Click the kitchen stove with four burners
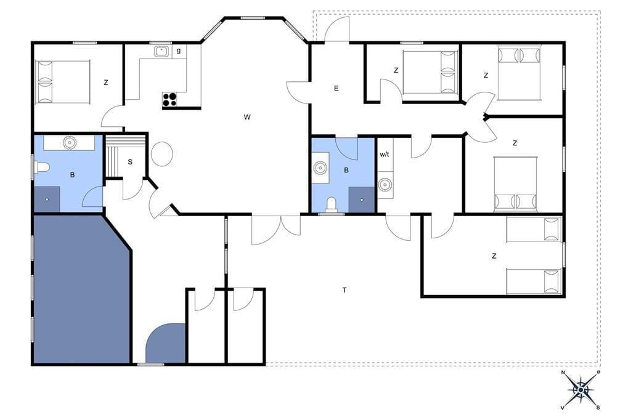[169, 99]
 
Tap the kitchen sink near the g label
[162, 52]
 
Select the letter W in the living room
[247, 117]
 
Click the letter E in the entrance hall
[336, 88]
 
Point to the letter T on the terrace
[344, 289]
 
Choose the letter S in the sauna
[130, 162]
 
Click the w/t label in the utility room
[385, 154]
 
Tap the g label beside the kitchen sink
[179, 50]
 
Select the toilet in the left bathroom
[41, 167]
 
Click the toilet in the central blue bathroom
[332, 204]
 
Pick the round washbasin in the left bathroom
[70, 142]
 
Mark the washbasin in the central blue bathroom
[320, 168]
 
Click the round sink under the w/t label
[385, 185]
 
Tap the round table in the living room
[162, 154]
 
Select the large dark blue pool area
[81, 289]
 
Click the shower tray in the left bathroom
[47, 199]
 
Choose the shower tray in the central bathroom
[361, 199]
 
